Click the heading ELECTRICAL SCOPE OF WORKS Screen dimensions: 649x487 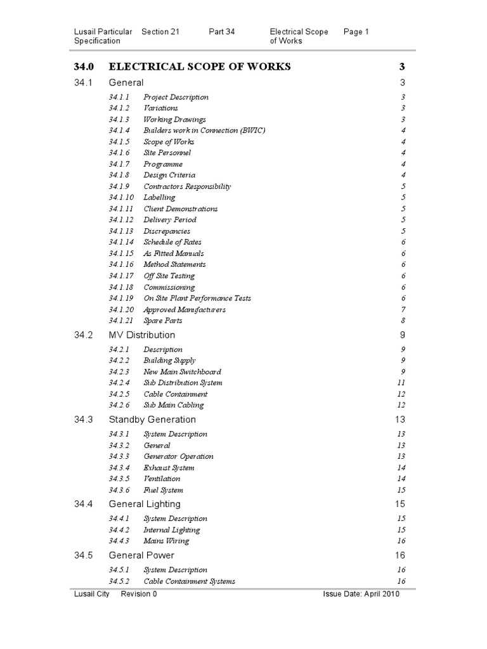[200, 66]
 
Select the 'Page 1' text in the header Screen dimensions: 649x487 [356, 32]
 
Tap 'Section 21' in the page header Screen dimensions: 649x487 [160, 32]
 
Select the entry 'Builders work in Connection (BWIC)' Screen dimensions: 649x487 [204, 131]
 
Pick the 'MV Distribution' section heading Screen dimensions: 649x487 [142, 335]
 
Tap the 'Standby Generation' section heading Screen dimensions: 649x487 [152, 420]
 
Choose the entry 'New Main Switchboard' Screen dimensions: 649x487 [182, 371]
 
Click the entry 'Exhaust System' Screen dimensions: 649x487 [169, 468]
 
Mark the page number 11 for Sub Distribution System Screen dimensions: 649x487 [401, 383]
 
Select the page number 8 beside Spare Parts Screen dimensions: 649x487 [403, 321]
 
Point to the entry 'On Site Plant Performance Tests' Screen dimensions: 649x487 [197, 298]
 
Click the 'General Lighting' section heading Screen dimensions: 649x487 [145, 504]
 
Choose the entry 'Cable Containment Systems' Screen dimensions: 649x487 [189, 581]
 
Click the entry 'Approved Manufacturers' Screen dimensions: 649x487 [185, 309]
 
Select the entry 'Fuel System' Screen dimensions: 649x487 [163, 490]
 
